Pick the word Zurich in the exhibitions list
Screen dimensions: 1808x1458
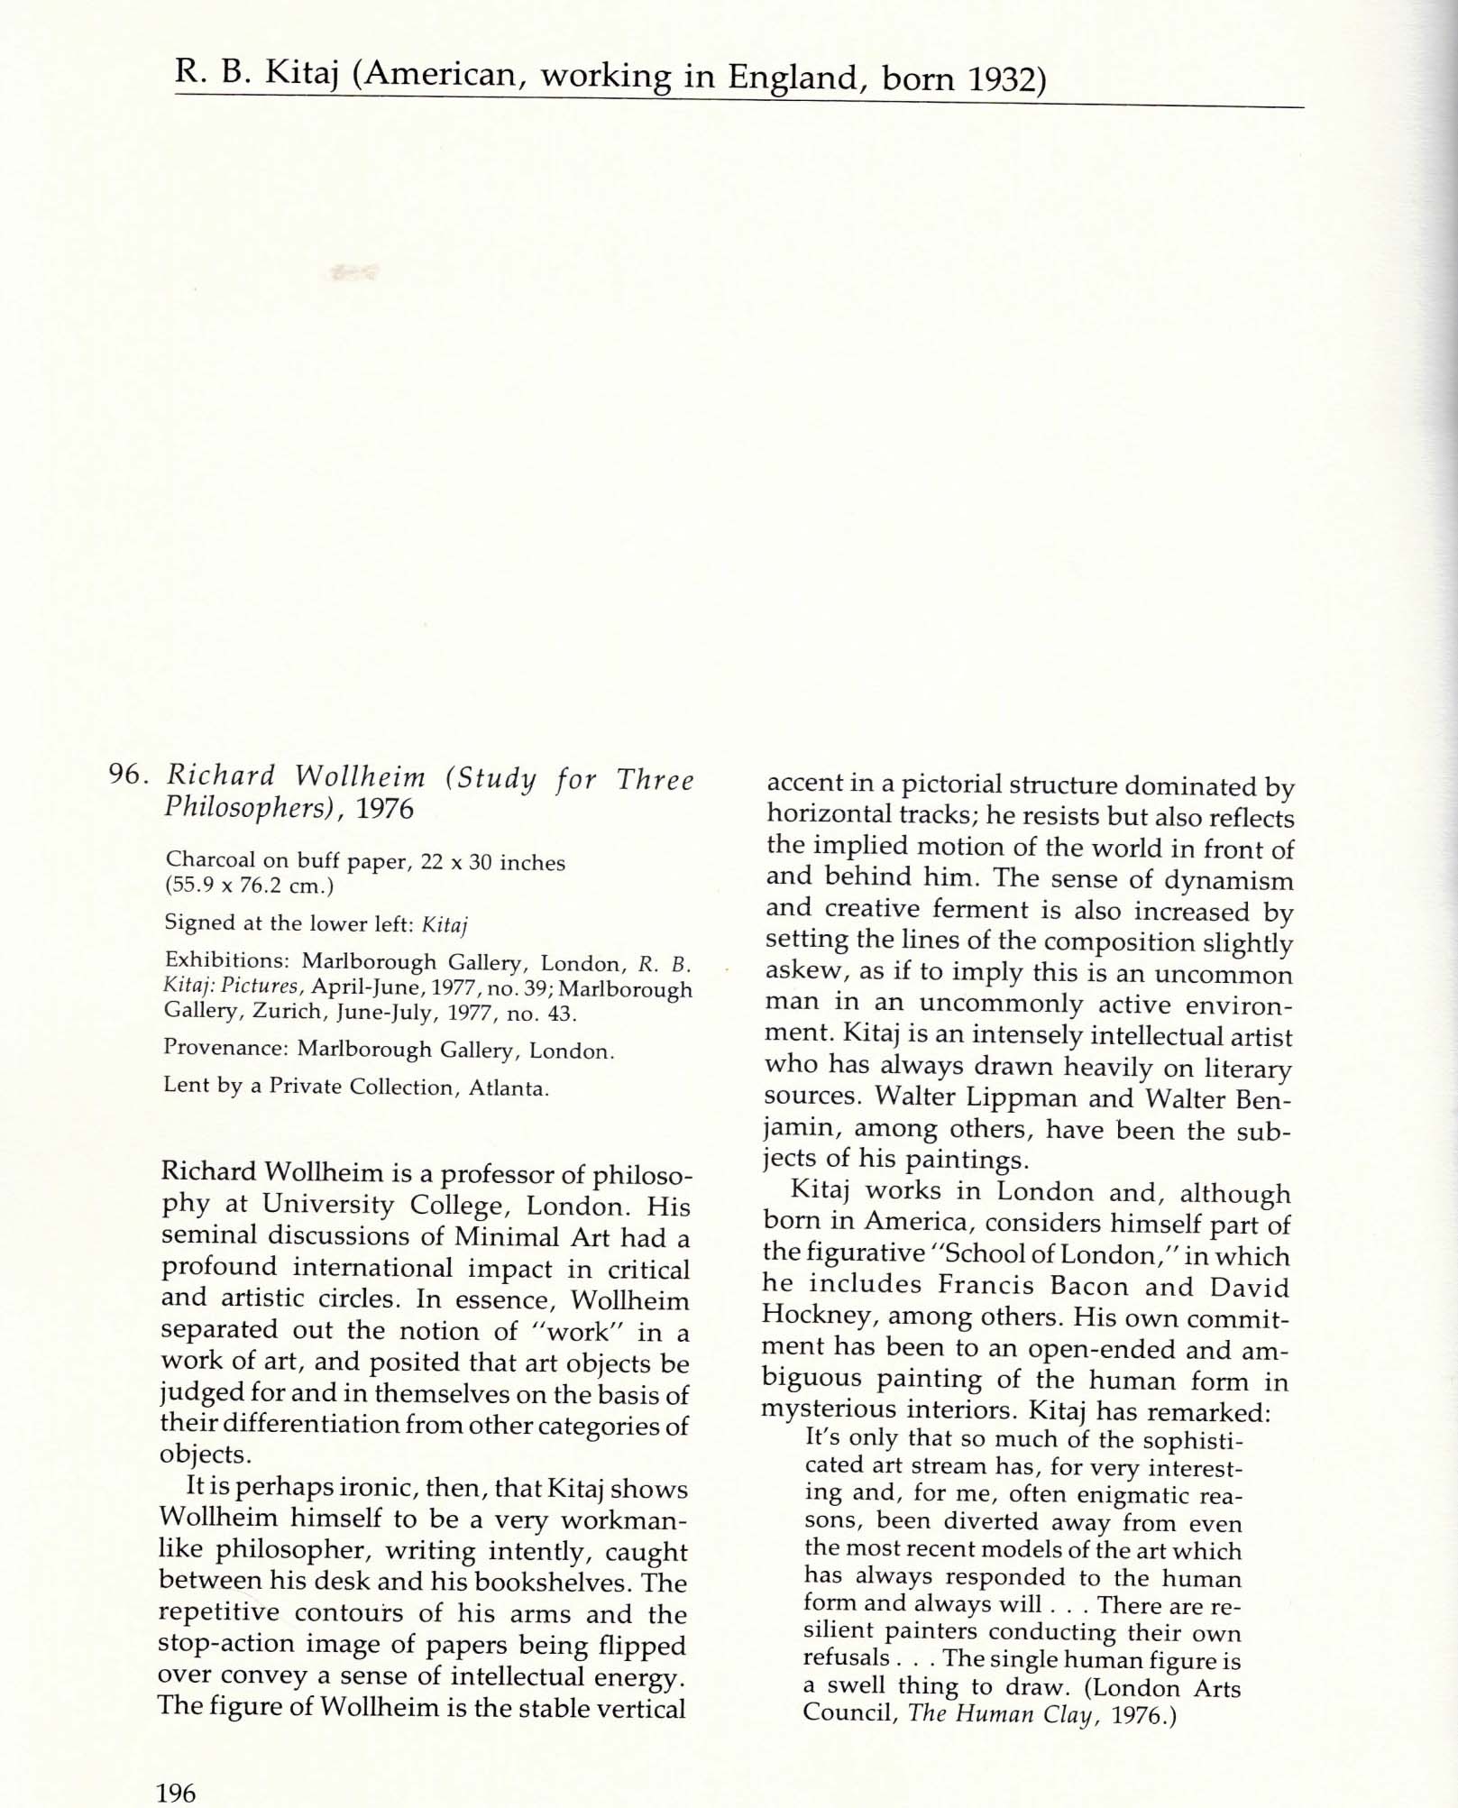(286, 1012)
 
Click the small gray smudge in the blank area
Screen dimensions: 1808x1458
(354, 270)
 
